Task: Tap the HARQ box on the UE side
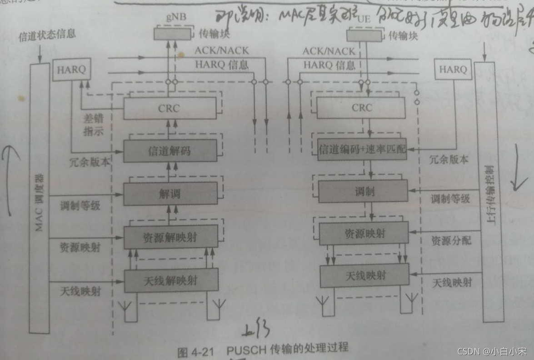tap(453, 70)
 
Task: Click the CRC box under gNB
tap(169, 109)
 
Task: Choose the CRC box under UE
tap(361, 108)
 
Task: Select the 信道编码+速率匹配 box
tap(362, 149)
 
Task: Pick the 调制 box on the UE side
tap(363, 191)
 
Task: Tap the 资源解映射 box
tap(170, 237)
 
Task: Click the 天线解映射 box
tap(171, 280)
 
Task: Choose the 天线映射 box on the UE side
tap(364, 275)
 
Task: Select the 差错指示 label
tap(94, 125)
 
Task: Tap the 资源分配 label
tap(451, 240)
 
